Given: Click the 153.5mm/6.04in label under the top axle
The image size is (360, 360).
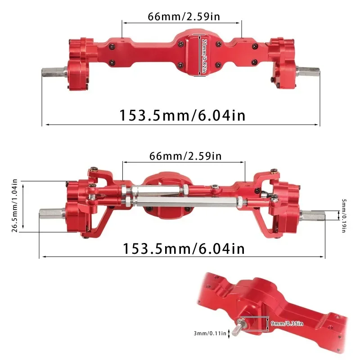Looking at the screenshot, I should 182,115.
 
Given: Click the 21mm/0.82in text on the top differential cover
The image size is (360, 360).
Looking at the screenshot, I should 204,56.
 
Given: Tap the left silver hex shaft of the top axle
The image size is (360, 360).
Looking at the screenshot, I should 53,72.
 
